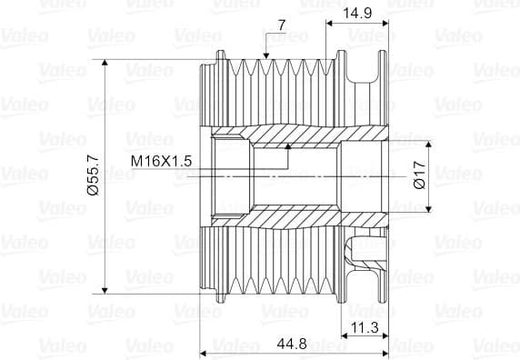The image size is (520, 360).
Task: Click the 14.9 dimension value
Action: click(x=357, y=14)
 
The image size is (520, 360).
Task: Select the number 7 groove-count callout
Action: click(x=282, y=25)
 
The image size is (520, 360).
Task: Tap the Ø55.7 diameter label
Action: click(x=93, y=175)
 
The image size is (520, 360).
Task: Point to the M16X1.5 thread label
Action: click(x=161, y=162)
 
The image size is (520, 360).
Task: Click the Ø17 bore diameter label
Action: click(x=420, y=175)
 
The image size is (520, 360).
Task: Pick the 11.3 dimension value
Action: click(x=365, y=328)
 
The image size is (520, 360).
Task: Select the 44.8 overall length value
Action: click(x=292, y=344)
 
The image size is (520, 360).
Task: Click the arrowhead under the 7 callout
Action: click(x=265, y=56)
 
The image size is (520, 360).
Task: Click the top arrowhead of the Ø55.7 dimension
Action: click(x=105, y=63)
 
